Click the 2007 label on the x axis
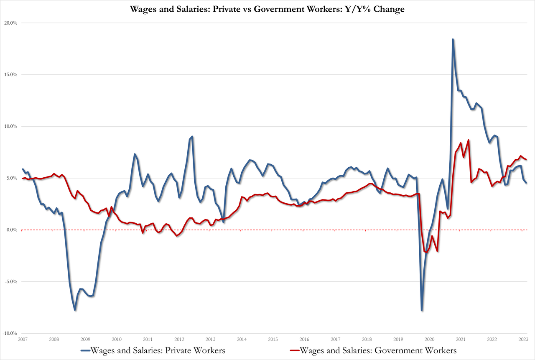click(x=23, y=340)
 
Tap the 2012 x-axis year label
click(x=179, y=340)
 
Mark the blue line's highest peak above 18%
click(x=453, y=39)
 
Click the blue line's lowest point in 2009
click(x=75, y=310)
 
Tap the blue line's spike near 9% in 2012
click(x=192, y=136)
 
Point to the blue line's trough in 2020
click(x=422, y=311)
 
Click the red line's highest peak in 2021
click(x=469, y=140)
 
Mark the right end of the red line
click(x=526, y=159)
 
